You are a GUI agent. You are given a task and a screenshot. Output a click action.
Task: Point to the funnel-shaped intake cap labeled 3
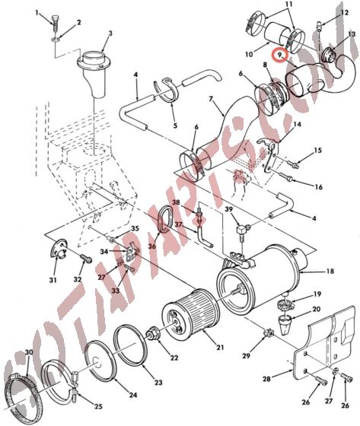click(97, 65)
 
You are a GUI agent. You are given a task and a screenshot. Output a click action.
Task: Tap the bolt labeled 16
click(289, 179)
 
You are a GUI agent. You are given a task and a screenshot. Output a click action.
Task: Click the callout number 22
click(174, 358)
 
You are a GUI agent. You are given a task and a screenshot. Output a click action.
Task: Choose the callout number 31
click(53, 281)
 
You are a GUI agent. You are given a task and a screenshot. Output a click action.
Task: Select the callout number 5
click(174, 126)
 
